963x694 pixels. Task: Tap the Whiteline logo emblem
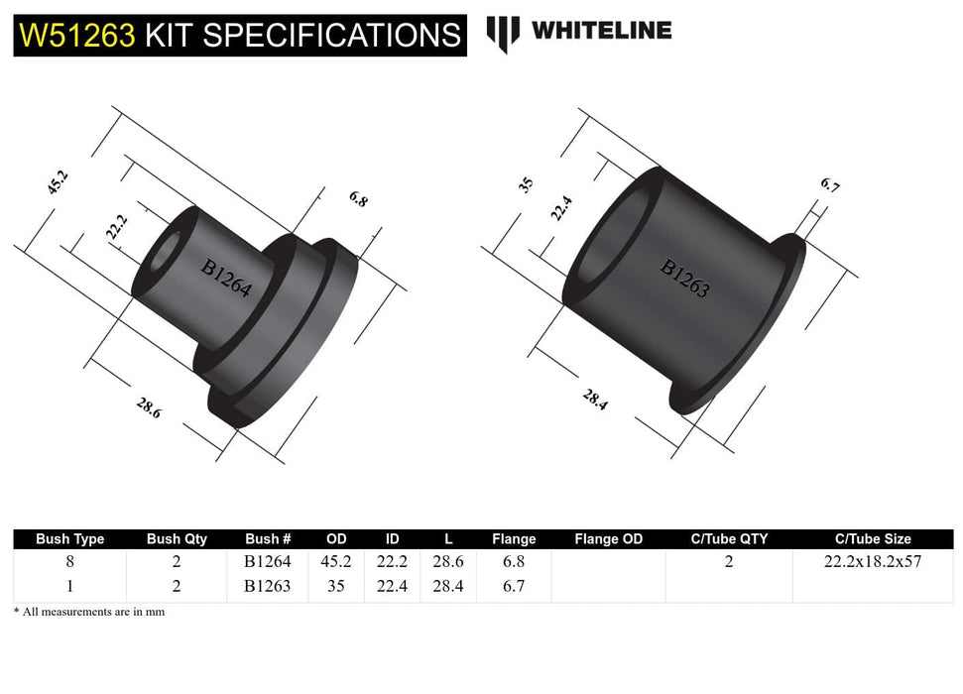(x=503, y=33)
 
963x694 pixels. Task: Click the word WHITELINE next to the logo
(x=601, y=31)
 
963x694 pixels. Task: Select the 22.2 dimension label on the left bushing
(x=116, y=228)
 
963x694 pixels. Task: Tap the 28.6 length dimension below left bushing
(x=148, y=407)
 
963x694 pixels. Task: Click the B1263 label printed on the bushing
(x=684, y=279)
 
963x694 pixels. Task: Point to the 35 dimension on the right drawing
(x=527, y=184)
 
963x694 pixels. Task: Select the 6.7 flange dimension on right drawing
(x=829, y=185)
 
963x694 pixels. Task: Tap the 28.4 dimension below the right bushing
(x=595, y=400)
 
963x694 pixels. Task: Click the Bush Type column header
(x=69, y=539)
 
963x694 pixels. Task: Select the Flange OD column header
(x=608, y=539)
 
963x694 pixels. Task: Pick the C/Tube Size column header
(x=873, y=539)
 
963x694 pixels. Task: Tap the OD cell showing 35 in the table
(x=336, y=586)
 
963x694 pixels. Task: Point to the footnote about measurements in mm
(x=89, y=612)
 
